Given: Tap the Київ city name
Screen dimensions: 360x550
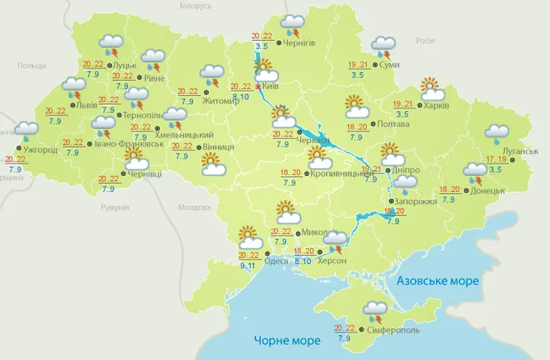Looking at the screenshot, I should click(x=272, y=86).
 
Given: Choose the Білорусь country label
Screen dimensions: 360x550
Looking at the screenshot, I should click(x=195, y=5).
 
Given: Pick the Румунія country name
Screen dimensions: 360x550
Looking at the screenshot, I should click(x=116, y=207).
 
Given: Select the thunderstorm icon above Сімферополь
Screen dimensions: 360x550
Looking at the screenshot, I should click(x=374, y=313).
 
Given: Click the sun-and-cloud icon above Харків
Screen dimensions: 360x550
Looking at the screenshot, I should click(x=431, y=89).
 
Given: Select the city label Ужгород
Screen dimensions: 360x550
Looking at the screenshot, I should click(x=41, y=150).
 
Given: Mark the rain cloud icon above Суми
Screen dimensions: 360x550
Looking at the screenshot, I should click(x=384, y=45).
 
